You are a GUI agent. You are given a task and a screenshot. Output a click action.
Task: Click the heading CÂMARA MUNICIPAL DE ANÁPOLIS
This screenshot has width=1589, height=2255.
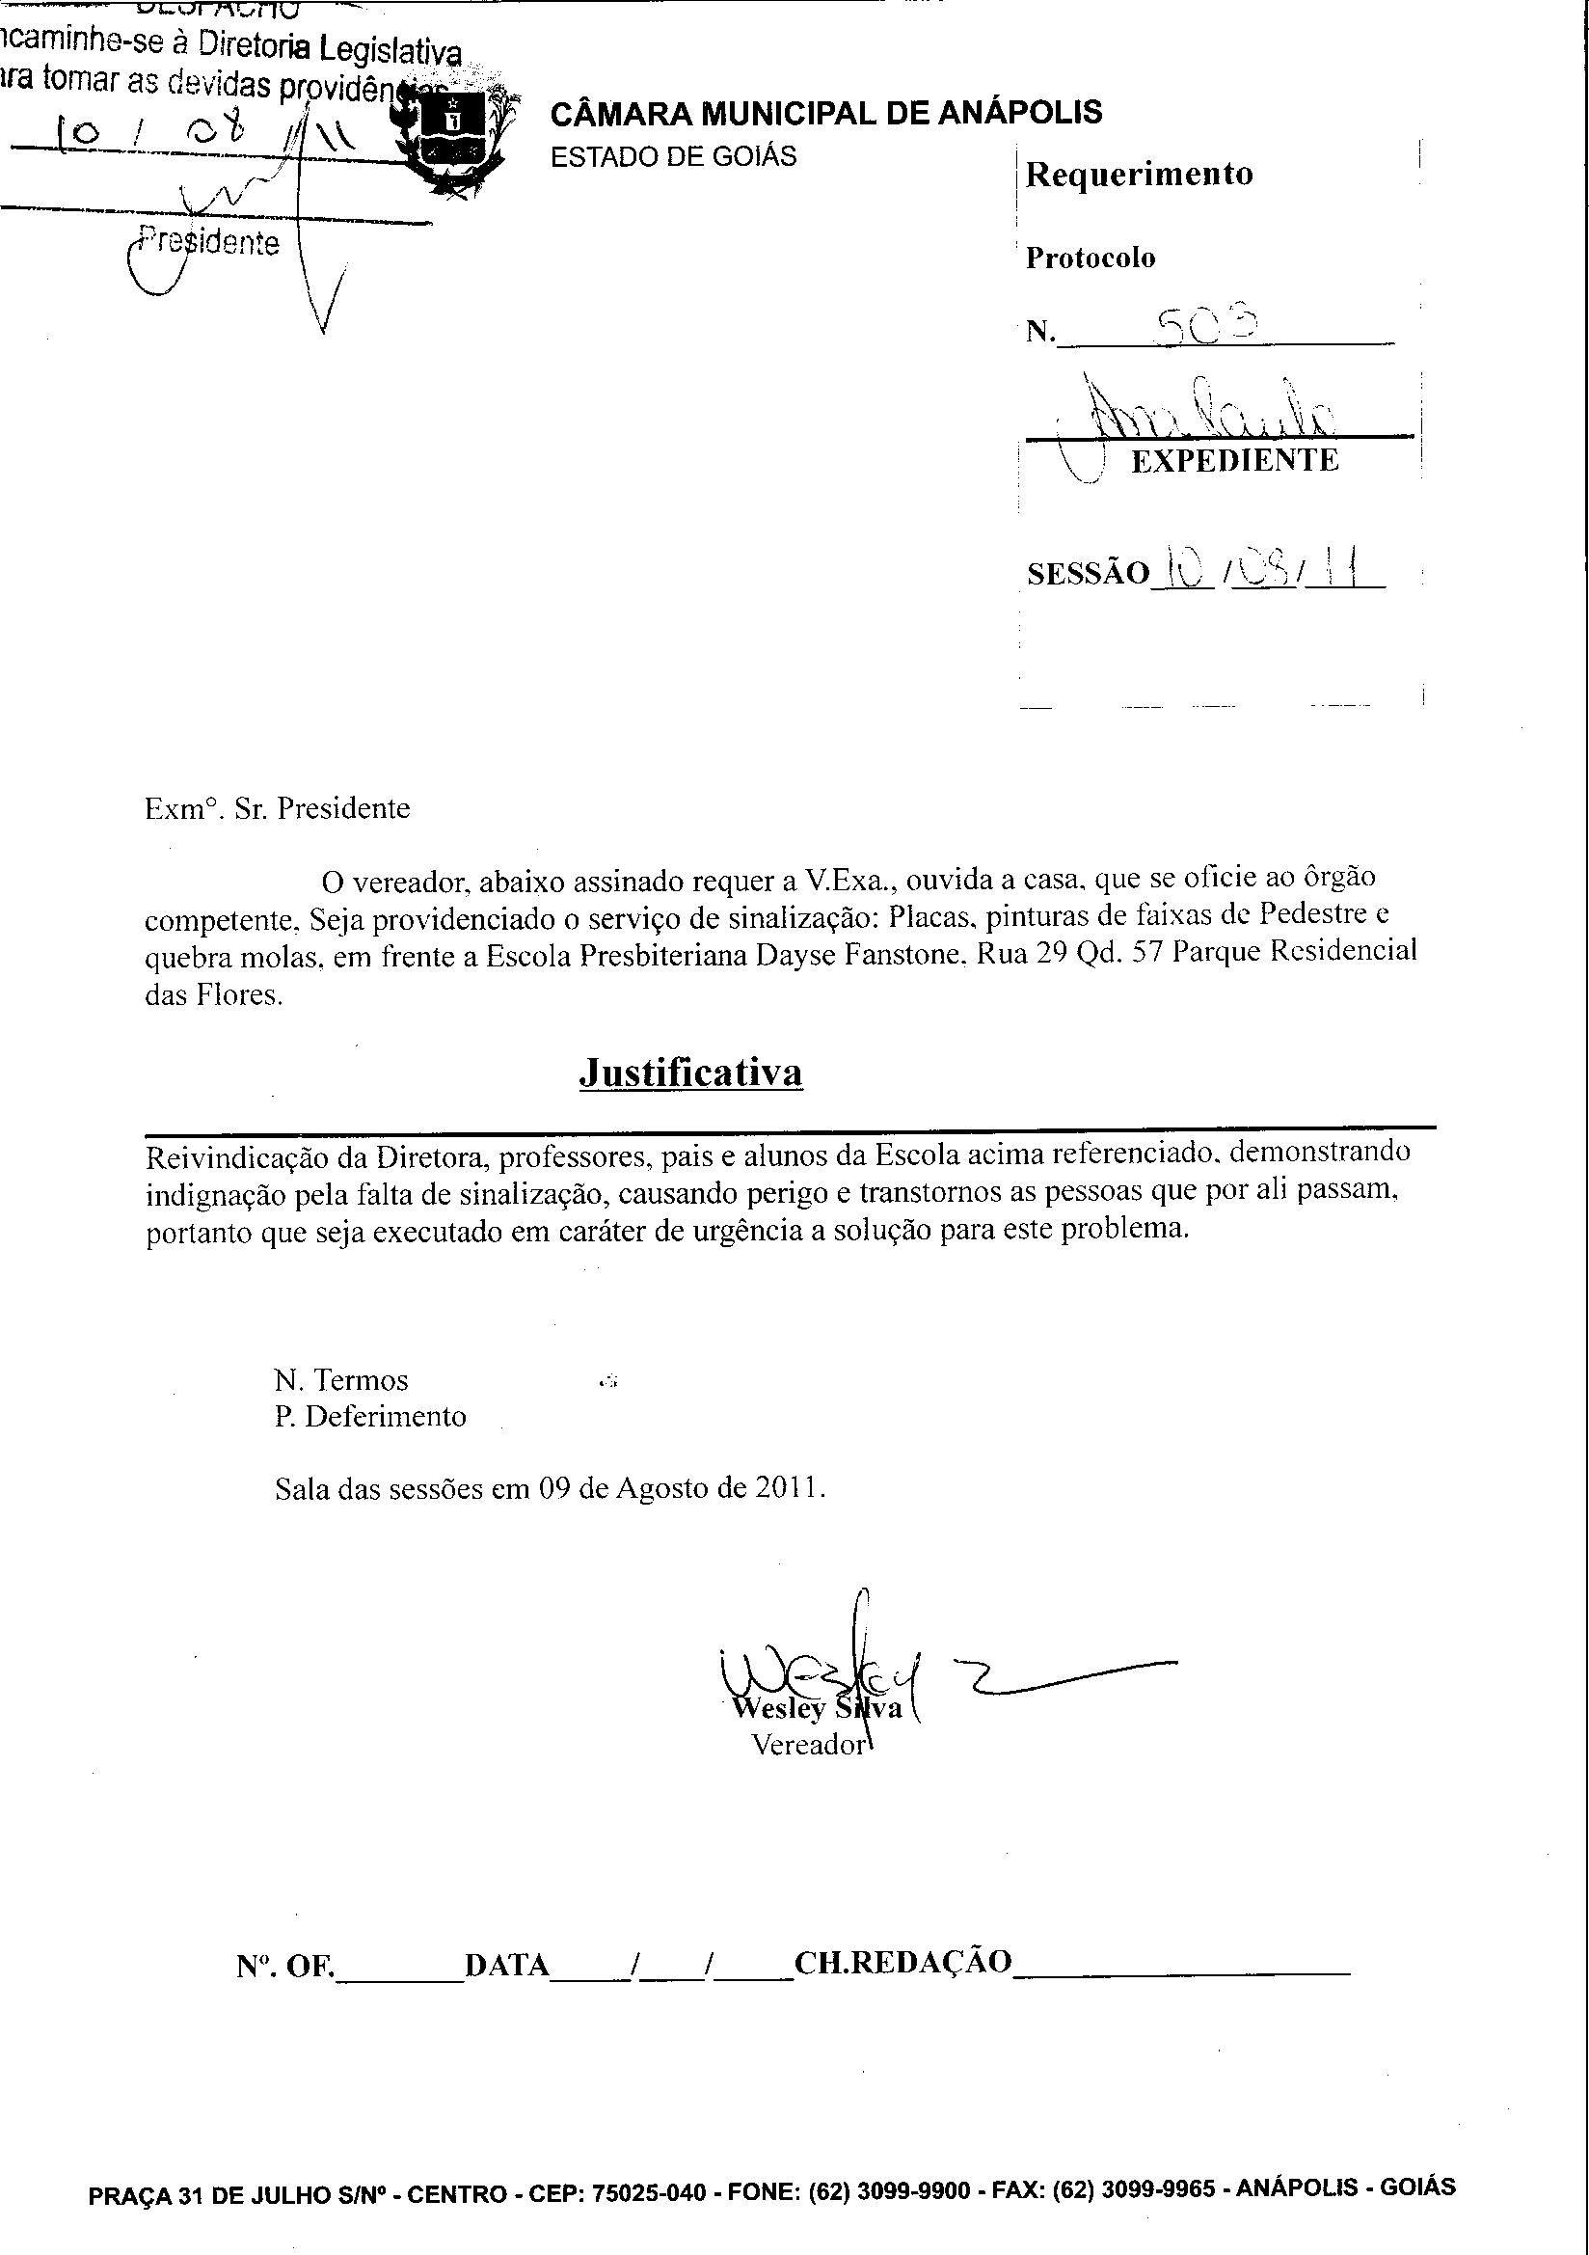click(826, 113)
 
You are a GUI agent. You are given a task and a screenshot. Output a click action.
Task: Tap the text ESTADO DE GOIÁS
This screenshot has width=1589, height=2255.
click(673, 157)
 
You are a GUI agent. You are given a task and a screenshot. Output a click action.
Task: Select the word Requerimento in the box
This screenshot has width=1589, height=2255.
click(1140, 175)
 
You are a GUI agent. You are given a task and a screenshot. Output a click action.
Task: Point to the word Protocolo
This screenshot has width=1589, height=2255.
click(1091, 258)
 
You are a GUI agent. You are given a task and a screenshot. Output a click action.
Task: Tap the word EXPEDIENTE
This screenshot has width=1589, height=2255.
click(1234, 461)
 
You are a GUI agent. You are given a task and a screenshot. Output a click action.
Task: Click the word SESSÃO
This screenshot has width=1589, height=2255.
click(1088, 574)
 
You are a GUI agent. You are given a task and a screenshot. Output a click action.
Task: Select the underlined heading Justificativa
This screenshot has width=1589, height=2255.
click(690, 1073)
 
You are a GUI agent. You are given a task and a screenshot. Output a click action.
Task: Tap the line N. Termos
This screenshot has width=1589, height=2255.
click(340, 1380)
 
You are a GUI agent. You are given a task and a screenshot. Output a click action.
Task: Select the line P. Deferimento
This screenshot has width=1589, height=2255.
click(370, 1416)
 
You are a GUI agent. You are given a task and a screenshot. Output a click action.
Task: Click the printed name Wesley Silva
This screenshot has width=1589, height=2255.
click(817, 1708)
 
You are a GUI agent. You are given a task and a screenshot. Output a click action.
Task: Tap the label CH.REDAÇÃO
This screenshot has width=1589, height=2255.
click(902, 1963)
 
